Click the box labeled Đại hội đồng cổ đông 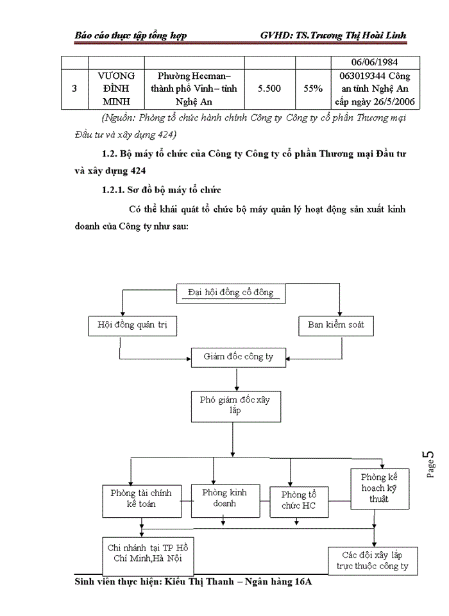(231, 293)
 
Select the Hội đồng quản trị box (133, 325)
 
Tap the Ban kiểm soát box (335, 325)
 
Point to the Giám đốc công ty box (238, 356)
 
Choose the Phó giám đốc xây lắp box (236, 405)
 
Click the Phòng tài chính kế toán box (142, 499)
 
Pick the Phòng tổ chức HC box (299, 501)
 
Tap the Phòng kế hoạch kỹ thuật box (378, 488)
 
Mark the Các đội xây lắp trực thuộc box (373, 560)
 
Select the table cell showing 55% (313, 89)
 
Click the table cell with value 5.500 (269, 89)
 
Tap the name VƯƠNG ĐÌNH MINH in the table (116, 89)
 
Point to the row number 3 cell (75, 89)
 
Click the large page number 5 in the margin (430, 457)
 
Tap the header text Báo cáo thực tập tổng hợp (131, 35)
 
